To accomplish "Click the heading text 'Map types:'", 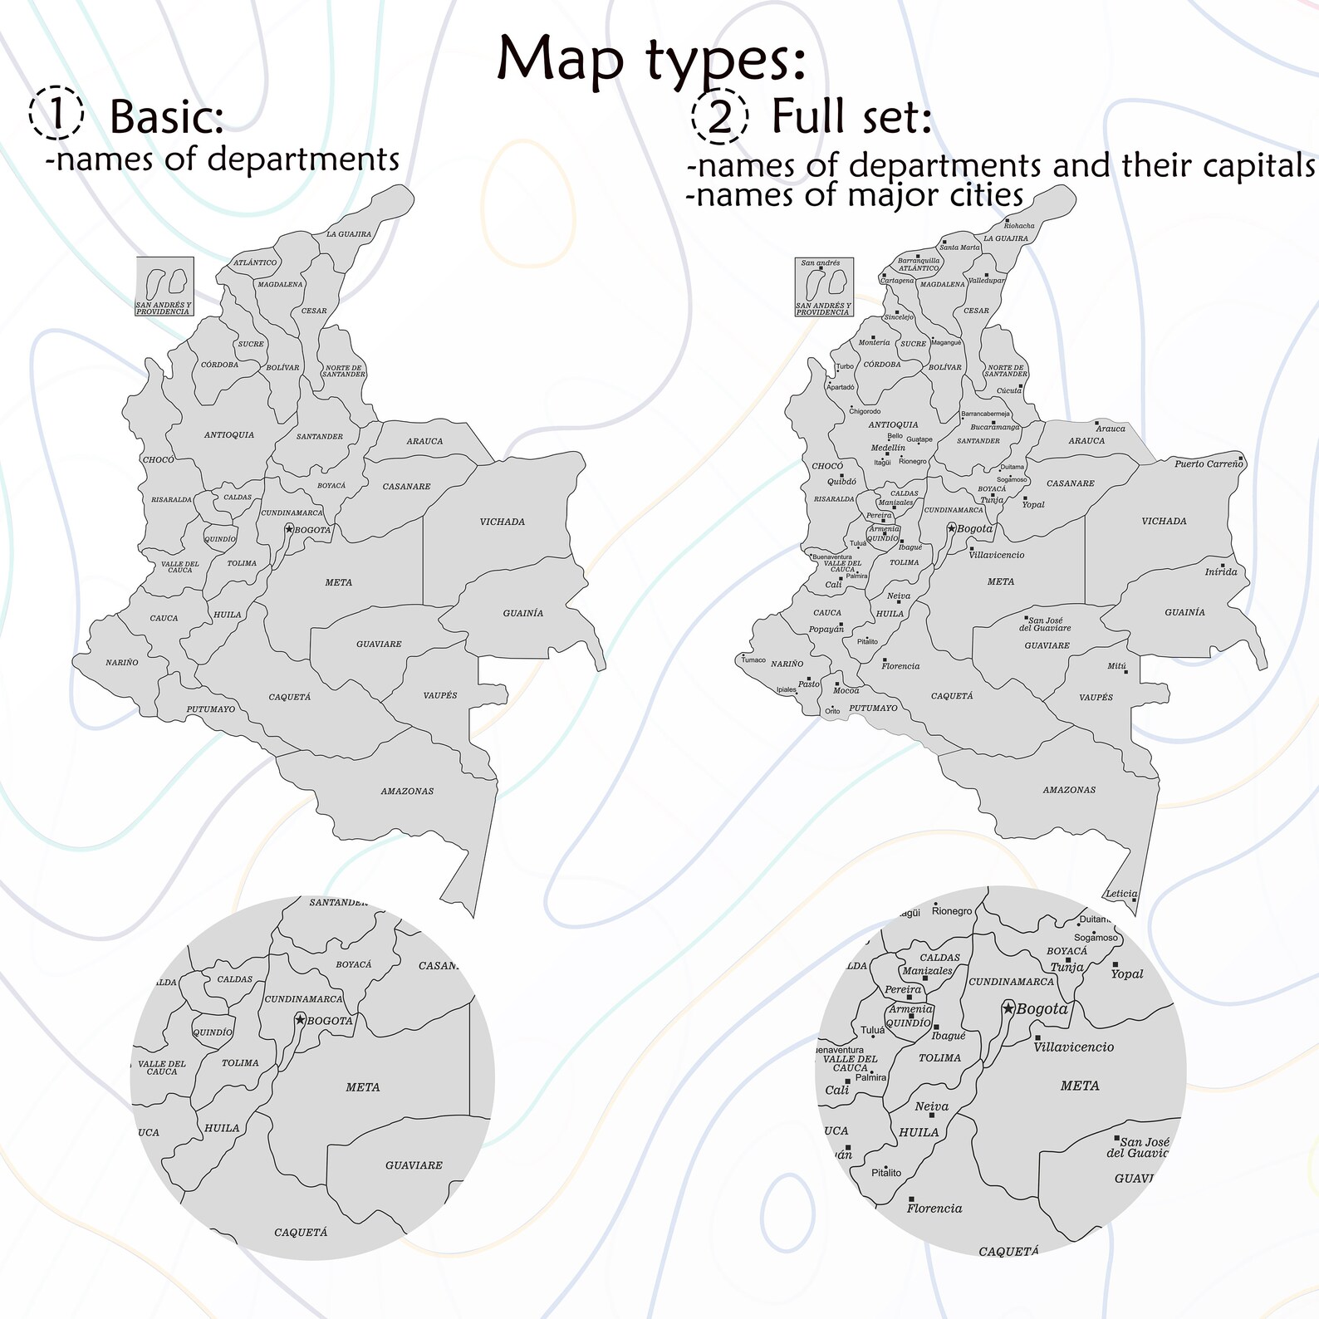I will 651,60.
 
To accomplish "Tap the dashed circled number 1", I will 56,114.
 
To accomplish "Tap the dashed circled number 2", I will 719,116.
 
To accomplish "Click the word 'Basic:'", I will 167,116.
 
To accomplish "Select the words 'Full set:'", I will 851,115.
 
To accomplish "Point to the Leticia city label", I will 1121,894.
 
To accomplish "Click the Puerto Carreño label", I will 1208,463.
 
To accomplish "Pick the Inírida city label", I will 1221,571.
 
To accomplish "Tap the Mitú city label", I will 1117,666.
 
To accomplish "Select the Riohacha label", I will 1019,226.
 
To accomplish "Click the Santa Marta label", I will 959,248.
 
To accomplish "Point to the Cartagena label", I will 897,281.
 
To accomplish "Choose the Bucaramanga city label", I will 994,427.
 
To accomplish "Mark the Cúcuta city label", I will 1009,390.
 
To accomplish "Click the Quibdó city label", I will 841,482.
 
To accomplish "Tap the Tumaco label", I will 753,660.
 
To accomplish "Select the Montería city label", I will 874,342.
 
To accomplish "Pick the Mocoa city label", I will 846,690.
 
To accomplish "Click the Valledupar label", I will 987,281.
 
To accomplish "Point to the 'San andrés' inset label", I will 820,262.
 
